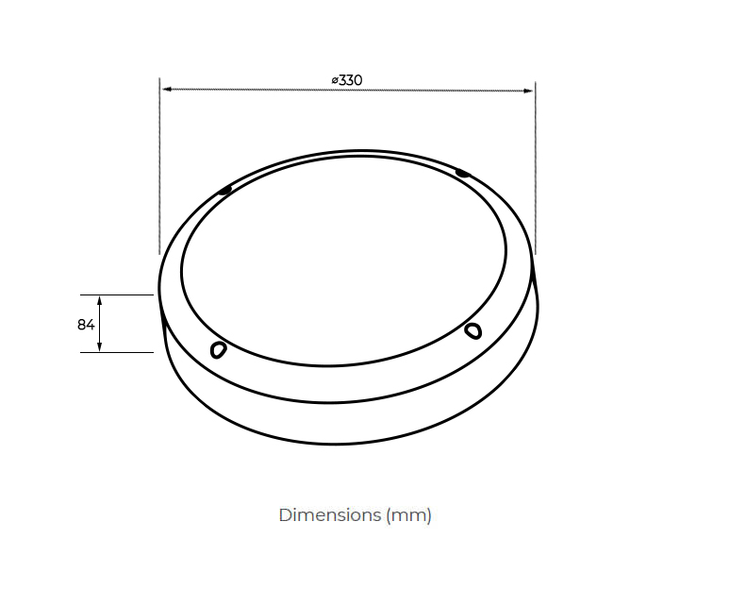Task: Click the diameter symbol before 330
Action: click(x=335, y=80)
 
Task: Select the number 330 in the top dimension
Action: click(x=351, y=80)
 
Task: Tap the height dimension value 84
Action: click(x=86, y=325)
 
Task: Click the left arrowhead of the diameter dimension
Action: click(x=166, y=90)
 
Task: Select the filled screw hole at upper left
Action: click(x=224, y=191)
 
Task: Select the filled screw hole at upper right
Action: click(x=461, y=173)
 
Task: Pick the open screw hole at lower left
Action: click(x=218, y=350)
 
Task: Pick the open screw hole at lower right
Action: click(x=473, y=329)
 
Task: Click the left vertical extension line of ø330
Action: click(x=159, y=170)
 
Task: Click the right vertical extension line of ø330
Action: click(x=535, y=170)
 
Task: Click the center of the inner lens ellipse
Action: click(x=343, y=258)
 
